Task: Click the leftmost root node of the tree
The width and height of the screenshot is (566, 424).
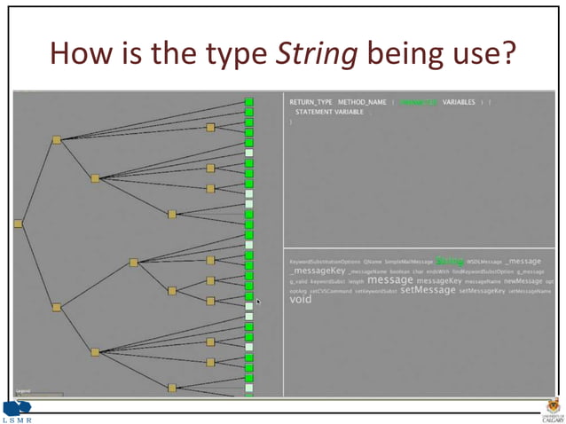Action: (18, 224)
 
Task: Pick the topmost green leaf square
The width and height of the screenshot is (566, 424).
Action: (249, 103)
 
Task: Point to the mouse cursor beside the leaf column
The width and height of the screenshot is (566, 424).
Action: (258, 302)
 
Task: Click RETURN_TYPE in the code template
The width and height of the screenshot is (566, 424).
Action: (310, 103)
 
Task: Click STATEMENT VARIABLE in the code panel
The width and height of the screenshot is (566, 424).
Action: (329, 113)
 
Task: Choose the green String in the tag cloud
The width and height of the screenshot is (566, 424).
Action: (450, 261)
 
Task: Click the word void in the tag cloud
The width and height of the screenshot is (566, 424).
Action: (301, 300)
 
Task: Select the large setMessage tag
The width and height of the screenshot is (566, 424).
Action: (428, 290)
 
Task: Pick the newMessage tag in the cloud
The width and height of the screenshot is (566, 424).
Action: (523, 280)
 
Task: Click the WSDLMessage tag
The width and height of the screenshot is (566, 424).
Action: (484, 262)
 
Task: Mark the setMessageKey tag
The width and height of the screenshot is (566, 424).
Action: (482, 291)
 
